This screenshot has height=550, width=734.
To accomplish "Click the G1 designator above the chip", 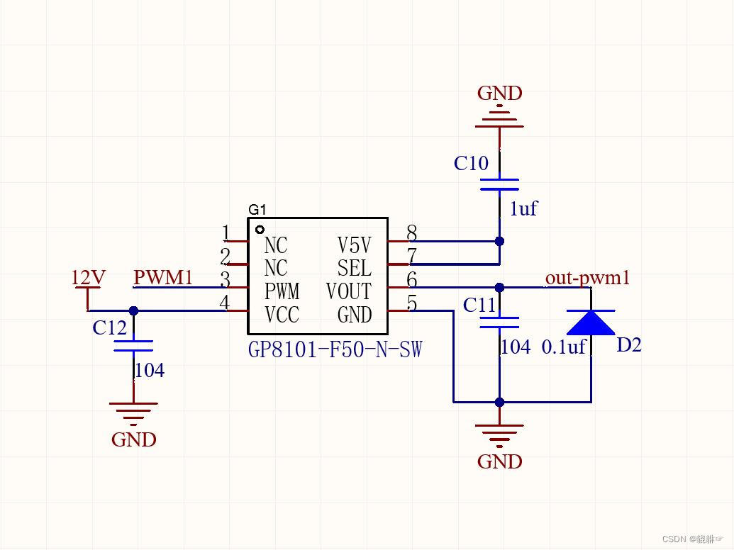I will click(257, 210).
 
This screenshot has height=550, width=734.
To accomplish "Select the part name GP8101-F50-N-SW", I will click(335, 349).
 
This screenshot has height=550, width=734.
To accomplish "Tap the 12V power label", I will click(88, 278).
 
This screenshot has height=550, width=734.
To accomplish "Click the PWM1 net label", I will click(163, 277).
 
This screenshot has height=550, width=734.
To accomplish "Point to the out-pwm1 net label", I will click(587, 278).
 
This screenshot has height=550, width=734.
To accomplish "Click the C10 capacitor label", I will click(471, 164).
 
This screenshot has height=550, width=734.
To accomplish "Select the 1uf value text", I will click(523, 208).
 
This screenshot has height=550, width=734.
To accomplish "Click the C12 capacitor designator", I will click(109, 328).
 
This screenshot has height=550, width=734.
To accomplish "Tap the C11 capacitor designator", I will click(479, 305).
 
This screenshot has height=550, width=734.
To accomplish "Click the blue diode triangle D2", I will click(590, 322).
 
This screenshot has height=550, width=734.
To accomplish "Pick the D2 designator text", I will click(628, 346).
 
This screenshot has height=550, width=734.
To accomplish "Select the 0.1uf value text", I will click(564, 347).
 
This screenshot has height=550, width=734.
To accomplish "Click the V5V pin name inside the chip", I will click(354, 245).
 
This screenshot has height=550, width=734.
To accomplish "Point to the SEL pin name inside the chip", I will click(354, 268).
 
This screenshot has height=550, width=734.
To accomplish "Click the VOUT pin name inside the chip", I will click(348, 291).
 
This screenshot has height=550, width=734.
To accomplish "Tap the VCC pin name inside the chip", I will click(282, 315).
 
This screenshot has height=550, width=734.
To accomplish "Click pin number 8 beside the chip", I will click(411, 233).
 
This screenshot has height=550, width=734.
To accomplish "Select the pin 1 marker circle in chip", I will click(260, 230).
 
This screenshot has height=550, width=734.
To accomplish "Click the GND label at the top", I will click(499, 94).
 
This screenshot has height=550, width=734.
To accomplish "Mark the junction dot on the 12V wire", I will click(133, 310).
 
